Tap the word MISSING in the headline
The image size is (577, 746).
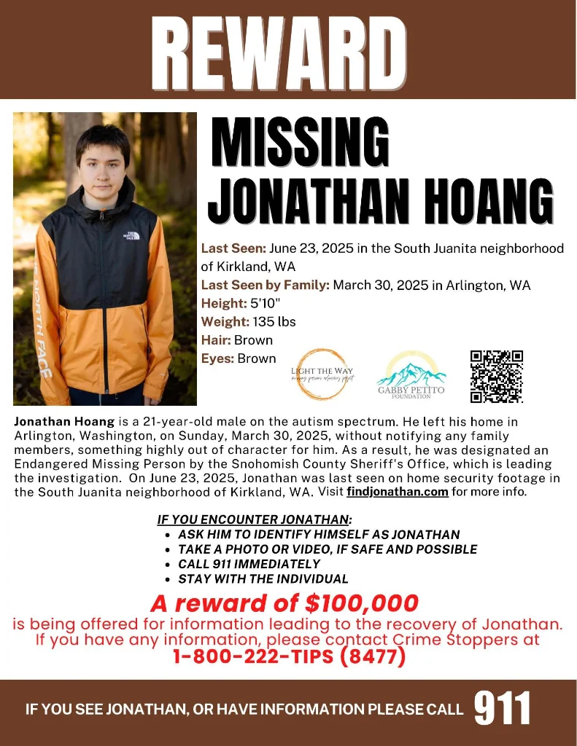[300, 143]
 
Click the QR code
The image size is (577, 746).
[497, 376]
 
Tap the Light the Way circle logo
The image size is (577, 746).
[322, 374]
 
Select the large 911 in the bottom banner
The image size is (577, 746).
[503, 708]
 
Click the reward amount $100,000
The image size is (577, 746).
[363, 603]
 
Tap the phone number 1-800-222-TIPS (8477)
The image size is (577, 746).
[289, 656]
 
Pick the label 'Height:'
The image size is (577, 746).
[224, 303]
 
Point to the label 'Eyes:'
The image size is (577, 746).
[217, 358]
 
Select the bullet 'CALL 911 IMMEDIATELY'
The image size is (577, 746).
[249, 564]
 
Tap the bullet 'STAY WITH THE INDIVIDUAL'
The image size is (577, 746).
[263, 579]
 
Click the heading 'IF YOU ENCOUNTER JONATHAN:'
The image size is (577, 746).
[255, 519]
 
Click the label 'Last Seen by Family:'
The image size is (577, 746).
[265, 285]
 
